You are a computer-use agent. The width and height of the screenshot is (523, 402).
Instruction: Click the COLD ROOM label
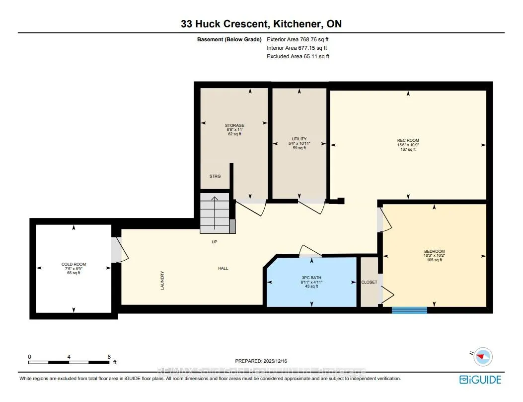coord(74,264)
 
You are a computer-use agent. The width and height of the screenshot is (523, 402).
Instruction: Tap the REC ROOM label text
coord(408,141)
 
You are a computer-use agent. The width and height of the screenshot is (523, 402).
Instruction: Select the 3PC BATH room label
coord(311,278)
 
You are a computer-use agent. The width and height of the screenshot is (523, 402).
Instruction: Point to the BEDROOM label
coord(434,251)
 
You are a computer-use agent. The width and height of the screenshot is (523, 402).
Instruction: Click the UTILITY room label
coord(299,139)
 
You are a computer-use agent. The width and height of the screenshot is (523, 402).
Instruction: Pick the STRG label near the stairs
coord(215,176)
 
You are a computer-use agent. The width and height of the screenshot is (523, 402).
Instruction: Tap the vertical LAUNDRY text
coord(162,281)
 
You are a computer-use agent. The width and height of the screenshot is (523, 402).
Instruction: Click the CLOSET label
coord(369,282)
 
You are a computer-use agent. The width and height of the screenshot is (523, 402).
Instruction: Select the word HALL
coord(223,268)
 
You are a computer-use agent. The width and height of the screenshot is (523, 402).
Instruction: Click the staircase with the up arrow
coord(215,213)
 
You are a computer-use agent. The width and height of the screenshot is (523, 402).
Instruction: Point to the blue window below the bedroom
coord(409,310)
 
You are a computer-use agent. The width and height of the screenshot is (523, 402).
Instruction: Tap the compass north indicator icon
coord(483,357)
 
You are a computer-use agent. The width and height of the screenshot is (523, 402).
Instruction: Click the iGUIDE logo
coord(480,380)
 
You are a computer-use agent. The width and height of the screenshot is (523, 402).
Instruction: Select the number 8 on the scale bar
coord(109,357)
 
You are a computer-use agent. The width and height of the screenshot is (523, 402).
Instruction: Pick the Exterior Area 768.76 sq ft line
coord(298,39)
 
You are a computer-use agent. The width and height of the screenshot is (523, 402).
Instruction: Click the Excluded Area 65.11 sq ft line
coord(298,57)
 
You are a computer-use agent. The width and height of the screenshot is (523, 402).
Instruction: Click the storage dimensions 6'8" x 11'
coord(234,130)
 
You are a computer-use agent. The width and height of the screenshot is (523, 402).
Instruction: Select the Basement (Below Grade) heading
coord(229,39)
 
